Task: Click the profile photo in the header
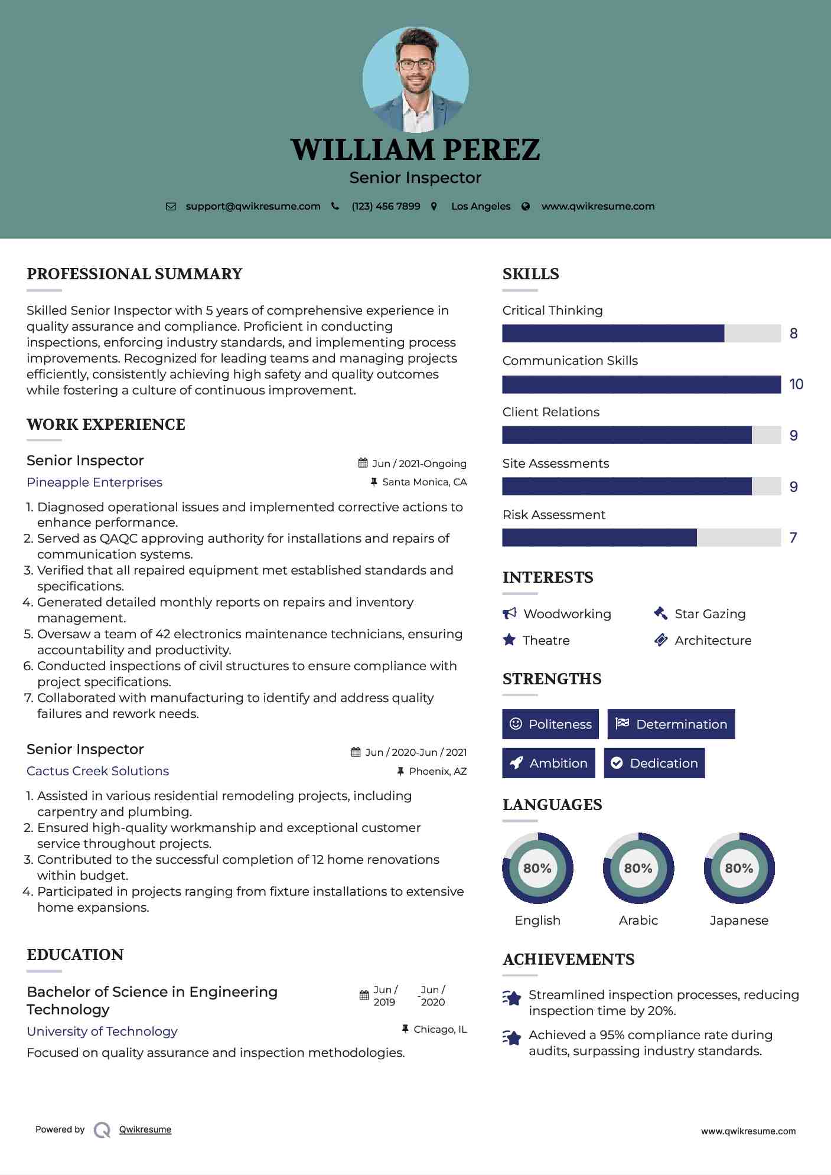[x=415, y=80]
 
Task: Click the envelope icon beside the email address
[x=171, y=207]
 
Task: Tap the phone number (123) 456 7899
[x=386, y=207]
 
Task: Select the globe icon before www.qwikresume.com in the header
[x=526, y=207]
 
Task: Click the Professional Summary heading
[x=135, y=274]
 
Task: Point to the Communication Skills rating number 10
[x=796, y=384]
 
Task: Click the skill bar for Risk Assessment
[x=641, y=538]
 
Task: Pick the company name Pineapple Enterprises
[x=94, y=482]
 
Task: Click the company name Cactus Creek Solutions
[x=97, y=771]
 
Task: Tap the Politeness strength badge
[x=550, y=724]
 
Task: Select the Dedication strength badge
[x=654, y=763]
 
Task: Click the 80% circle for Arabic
[x=638, y=869]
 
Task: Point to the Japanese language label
[x=739, y=921]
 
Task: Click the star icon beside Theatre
[x=509, y=640]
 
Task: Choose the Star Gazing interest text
[x=710, y=614]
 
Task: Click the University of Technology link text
[x=102, y=1032]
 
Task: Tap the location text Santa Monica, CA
[x=425, y=482]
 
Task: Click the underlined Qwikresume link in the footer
[x=145, y=1130]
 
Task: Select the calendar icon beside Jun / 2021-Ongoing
[x=363, y=464]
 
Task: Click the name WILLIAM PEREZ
[x=415, y=150]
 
